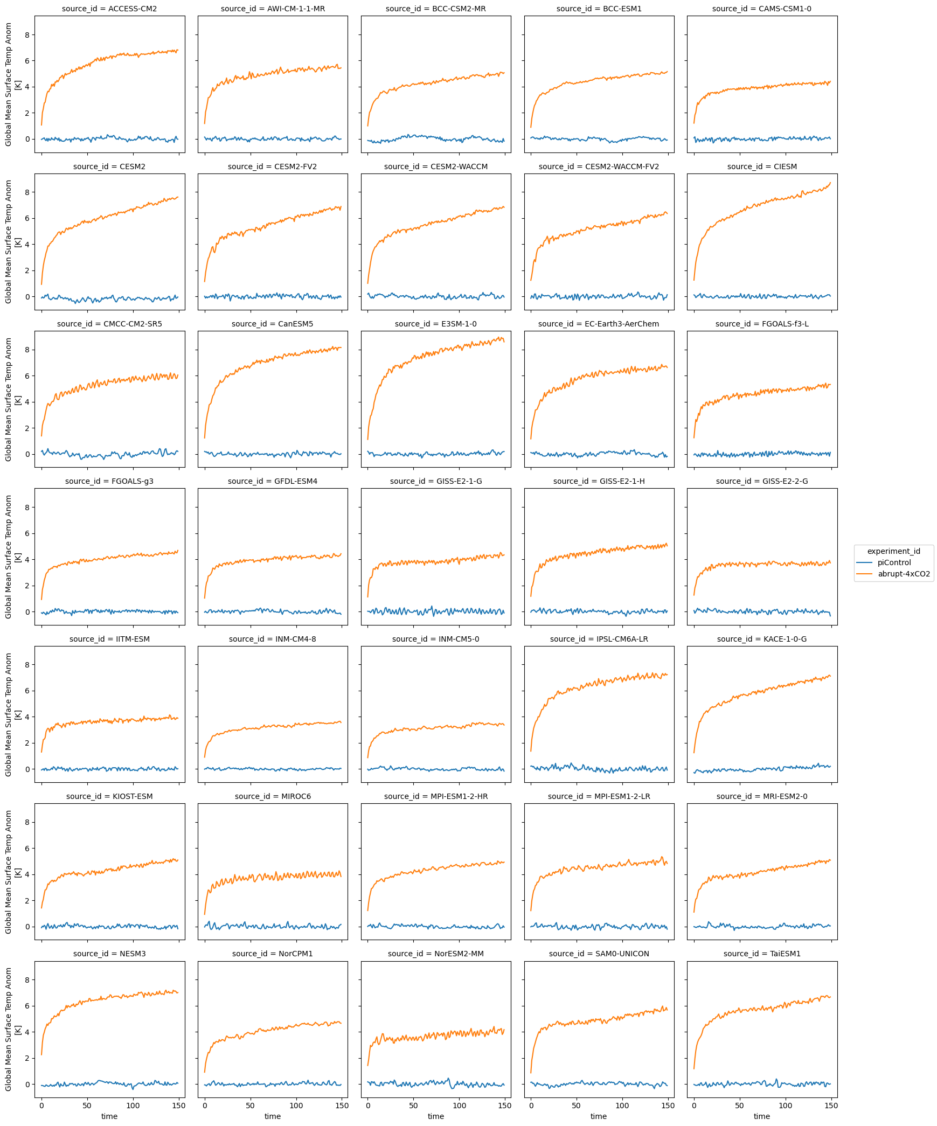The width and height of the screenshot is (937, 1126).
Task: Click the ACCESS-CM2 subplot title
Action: pyautogui.click(x=109, y=9)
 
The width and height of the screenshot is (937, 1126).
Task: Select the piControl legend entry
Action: pyautogui.click(x=894, y=562)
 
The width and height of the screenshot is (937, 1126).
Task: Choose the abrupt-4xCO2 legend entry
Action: pyautogui.click(x=904, y=574)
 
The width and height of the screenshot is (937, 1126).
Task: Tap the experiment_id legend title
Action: pyautogui.click(x=893, y=551)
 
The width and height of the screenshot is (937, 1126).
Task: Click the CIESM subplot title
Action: pyautogui.click(x=762, y=166)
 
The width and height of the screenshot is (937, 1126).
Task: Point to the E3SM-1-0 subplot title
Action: pyautogui.click(x=435, y=324)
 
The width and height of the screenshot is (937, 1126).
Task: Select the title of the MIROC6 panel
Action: pyautogui.click(x=273, y=796)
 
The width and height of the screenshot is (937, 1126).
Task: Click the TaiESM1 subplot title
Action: pyautogui.click(x=762, y=954)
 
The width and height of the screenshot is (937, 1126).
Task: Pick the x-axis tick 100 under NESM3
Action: pyautogui.click(x=133, y=1106)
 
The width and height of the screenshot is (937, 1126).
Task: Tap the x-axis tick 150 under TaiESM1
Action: pyautogui.click(x=831, y=1106)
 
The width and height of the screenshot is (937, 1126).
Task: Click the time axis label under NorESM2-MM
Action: pyautogui.click(x=435, y=1116)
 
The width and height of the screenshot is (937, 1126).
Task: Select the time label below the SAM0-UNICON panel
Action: pyautogui.click(x=599, y=1116)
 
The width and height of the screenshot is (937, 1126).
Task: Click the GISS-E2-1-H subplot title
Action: pyautogui.click(x=599, y=481)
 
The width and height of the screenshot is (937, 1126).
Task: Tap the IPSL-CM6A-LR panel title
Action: pyautogui.click(x=599, y=639)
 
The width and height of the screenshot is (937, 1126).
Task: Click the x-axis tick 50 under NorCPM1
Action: pyautogui.click(x=250, y=1106)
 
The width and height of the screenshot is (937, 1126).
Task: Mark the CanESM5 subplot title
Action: pyautogui.click(x=273, y=324)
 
